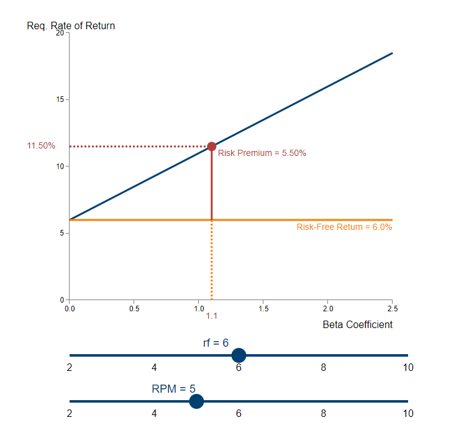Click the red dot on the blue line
pyautogui.click(x=211, y=147)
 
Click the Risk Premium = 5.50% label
pyautogui.click(x=262, y=153)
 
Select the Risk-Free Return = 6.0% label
pyautogui.click(x=344, y=227)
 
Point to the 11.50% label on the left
pyautogui.click(x=41, y=146)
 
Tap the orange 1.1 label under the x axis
pyautogui.click(x=211, y=316)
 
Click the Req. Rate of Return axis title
pyautogui.click(x=71, y=26)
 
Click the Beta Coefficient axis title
pyautogui.click(x=357, y=325)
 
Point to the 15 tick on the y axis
pyautogui.click(x=60, y=99)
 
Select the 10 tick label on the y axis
pyautogui.click(x=60, y=167)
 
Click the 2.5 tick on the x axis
pyautogui.click(x=393, y=308)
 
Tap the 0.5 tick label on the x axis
pyautogui.click(x=134, y=308)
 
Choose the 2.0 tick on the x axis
pyautogui.click(x=328, y=308)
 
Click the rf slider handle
pyautogui.click(x=239, y=355)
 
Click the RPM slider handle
pyautogui.click(x=196, y=401)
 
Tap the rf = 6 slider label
pyautogui.click(x=216, y=343)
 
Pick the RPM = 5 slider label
pyautogui.click(x=173, y=390)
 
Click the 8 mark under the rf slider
pyautogui.click(x=323, y=367)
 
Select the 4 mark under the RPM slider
pyautogui.click(x=154, y=414)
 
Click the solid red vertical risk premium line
pyautogui.click(x=211, y=186)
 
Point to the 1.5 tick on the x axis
pyautogui.click(x=263, y=308)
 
